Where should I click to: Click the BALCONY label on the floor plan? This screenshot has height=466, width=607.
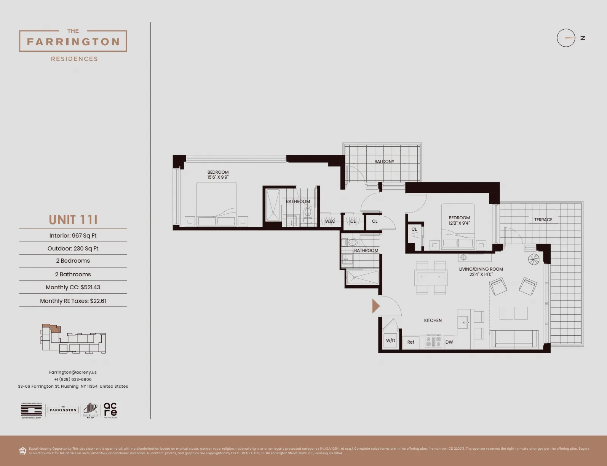tap(384, 162)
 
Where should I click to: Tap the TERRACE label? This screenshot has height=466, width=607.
tap(543, 220)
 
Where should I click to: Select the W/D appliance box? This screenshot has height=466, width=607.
tap(390, 341)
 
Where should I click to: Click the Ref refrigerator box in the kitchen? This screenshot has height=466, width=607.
tap(411, 342)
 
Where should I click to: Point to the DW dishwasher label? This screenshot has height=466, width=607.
tap(449, 342)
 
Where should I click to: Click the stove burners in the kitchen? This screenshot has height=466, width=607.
tap(433, 341)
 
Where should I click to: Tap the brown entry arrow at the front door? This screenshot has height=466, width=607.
tap(375, 306)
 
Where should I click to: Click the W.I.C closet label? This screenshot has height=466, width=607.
tap(330, 221)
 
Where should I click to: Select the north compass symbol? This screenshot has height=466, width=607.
tap(566, 38)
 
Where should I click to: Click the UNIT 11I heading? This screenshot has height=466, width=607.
tap(73, 220)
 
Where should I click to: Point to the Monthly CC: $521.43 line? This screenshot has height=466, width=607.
tap(73, 287)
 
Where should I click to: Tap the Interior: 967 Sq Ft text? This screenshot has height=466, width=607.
tap(73, 236)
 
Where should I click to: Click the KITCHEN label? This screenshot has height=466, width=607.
tap(433, 320)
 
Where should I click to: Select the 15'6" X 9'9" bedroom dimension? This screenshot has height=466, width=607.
tap(218, 177)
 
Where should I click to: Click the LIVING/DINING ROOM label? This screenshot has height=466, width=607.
tap(481, 269)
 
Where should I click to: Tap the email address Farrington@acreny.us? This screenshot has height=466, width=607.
tap(73, 372)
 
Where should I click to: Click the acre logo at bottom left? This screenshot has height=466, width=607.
tap(110, 410)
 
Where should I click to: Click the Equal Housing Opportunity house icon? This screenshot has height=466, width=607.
tap(23, 451)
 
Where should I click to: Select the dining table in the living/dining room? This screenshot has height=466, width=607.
tap(431, 277)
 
